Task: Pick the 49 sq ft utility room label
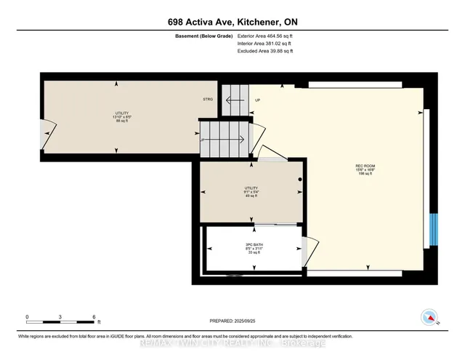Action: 251,191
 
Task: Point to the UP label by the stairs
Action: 256,100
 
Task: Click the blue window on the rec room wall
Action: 433,230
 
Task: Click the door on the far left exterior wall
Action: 45,135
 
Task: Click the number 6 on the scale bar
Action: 94,316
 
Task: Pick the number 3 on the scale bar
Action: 61,316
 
